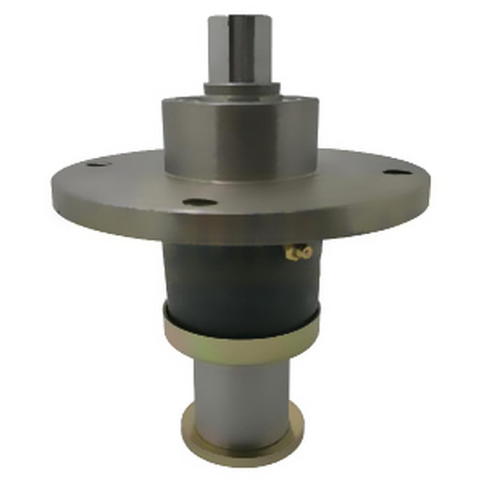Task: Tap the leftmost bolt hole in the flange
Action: [x=98, y=164]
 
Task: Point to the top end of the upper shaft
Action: [x=241, y=18]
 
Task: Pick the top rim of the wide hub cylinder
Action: [x=241, y=98]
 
